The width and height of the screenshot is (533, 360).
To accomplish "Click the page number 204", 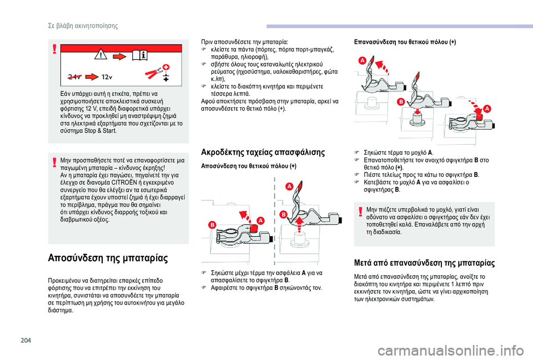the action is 26,340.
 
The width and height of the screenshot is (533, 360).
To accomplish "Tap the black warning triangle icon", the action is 101,55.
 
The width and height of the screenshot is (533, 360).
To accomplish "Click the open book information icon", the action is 140,55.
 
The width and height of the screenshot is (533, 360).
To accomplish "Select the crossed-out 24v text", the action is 74,77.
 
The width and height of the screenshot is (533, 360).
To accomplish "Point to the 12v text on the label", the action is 107,77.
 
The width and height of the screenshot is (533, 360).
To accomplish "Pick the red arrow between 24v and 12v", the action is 92,77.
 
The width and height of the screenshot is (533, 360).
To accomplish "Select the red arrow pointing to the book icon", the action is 120,56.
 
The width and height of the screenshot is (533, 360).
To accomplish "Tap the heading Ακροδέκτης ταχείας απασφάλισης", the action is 263,152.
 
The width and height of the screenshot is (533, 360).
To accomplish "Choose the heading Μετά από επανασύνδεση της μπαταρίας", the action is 424,263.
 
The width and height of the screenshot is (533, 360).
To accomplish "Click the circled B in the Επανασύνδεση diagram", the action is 401,102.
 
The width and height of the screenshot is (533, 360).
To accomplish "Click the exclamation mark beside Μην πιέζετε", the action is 360,212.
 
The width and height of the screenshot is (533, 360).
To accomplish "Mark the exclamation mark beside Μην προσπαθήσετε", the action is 54,163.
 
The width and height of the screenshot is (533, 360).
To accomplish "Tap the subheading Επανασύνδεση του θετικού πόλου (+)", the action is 405,42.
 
